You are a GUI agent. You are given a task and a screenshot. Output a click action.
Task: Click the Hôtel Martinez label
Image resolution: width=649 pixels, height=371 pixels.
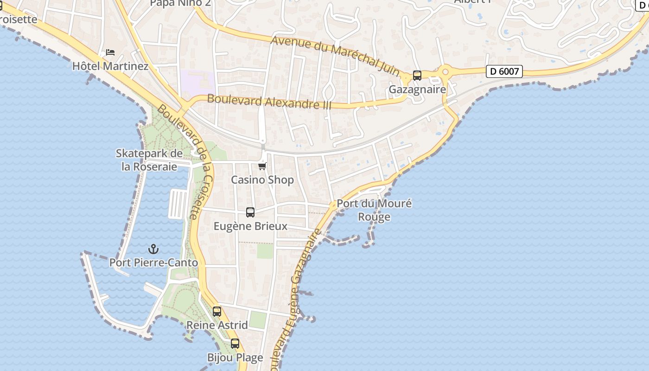pos(110,66)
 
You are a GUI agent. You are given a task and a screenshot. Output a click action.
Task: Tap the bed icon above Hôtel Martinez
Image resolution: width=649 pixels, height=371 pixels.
pos(110,52)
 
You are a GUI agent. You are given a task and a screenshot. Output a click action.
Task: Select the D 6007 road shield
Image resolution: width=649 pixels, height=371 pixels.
pos(504,71)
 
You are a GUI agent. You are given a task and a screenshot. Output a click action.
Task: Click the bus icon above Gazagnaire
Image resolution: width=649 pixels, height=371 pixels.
pos(417,76)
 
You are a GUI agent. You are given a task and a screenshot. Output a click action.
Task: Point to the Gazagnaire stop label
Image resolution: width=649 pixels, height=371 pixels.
pos(417,90)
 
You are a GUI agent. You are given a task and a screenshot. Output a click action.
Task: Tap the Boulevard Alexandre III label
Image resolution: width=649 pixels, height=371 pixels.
pos(269,102)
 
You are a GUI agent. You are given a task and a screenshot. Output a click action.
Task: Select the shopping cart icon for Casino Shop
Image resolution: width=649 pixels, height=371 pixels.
pos(262,166)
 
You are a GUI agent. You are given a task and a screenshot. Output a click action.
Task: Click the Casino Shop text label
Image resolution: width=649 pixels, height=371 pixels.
pos(262,180)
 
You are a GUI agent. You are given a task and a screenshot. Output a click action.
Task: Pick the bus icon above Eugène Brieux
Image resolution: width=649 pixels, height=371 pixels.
pos(250,212)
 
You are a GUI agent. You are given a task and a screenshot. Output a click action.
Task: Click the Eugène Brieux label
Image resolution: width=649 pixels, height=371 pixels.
pos(250,226)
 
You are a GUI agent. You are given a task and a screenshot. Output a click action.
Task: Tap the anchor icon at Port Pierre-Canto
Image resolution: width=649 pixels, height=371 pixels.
pos(153,249)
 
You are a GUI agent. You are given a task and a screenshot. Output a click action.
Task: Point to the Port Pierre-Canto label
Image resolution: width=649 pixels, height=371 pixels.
pos(153,263)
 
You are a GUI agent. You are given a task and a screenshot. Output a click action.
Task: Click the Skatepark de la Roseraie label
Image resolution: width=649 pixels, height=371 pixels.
pos(149,160)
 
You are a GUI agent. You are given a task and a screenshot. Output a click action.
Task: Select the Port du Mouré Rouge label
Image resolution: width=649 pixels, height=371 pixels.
pos(374,210)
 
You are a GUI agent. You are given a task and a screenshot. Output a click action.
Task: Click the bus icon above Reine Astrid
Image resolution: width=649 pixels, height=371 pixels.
pos(217,312)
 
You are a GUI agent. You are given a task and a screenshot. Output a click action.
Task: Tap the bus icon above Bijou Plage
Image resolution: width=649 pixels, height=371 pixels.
pos(235,344)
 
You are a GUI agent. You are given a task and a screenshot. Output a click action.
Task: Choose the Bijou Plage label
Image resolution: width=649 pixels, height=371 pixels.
pos(235,358)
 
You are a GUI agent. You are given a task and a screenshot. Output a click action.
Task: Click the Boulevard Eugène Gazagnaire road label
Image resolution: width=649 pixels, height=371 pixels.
pos(299,297)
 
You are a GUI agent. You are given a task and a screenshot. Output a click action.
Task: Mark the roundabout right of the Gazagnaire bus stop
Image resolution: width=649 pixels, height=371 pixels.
pos(445,72)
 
